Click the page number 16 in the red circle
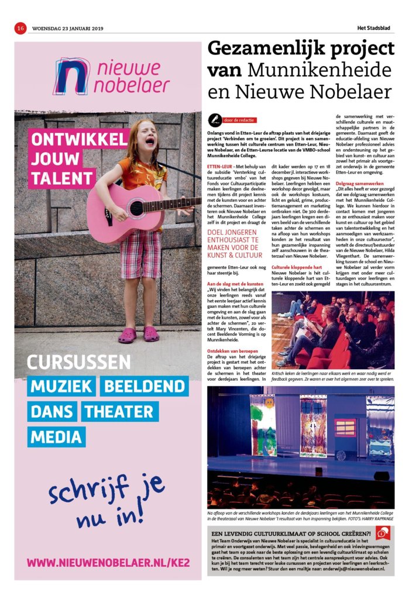(20, 27)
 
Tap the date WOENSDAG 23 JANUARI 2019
(67, 28)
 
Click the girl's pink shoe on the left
(128, 335)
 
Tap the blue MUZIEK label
(61, 386)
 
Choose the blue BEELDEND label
(145, 386)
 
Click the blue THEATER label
(120, 411)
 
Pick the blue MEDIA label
(57, 437)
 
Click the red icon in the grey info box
(383, 533)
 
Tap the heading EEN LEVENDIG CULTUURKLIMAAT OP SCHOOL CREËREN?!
(291, 534)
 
